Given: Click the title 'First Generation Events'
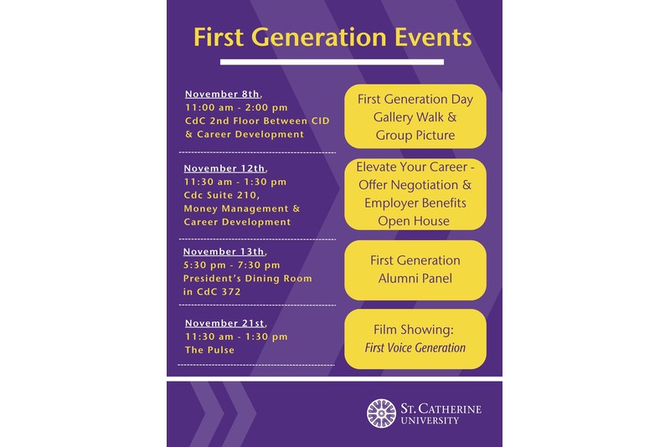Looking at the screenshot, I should [332, 38].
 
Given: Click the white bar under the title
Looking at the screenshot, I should [332, 62].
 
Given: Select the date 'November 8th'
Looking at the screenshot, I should [223, 94].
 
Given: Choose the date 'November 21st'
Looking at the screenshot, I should [224, 323].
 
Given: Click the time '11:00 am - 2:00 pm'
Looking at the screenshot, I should [236, 107].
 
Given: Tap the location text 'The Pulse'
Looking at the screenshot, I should [209, 350].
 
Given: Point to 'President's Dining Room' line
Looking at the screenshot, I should [248, 278].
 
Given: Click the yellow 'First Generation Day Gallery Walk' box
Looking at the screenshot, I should [415, 116].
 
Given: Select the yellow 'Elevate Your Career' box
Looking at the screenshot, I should [415, 194].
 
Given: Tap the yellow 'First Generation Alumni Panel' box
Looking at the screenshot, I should [415, 270].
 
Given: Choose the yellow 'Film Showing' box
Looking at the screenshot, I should [415, 338].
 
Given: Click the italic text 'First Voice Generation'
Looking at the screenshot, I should [415, 347].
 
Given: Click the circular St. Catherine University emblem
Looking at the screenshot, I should [381, 413].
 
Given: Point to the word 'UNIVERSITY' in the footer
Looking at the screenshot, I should [429, 420].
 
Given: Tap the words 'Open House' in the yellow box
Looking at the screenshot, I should [414, 221].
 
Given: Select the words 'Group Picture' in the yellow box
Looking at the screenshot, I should [415, 135].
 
